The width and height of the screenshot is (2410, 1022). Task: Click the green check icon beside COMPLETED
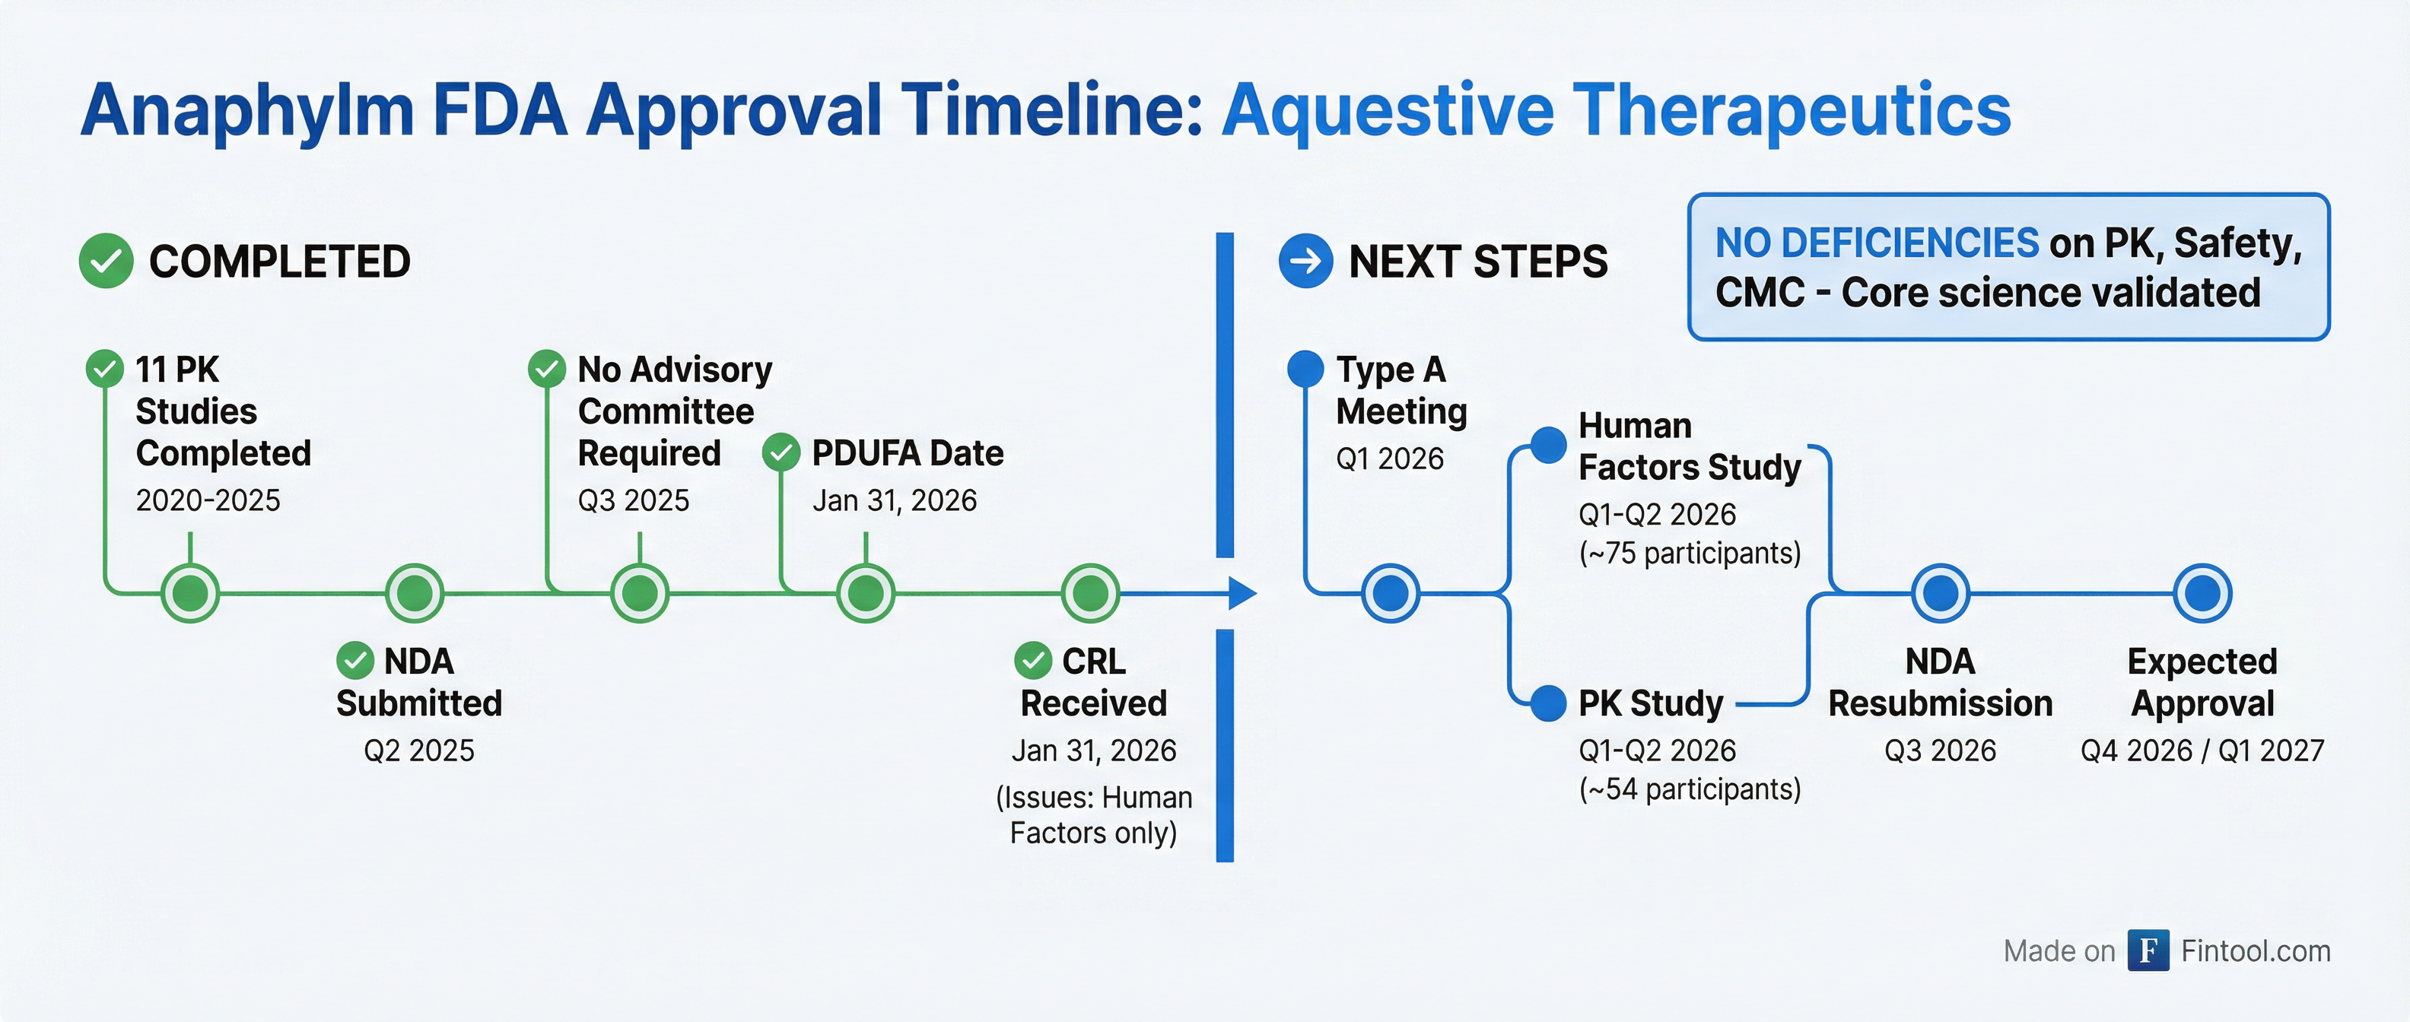(106, 261)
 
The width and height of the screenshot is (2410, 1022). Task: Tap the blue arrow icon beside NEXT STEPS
(1305, 261)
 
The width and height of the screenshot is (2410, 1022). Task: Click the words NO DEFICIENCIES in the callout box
(1876, 243)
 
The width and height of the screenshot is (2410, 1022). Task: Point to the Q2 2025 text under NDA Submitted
(418, 750)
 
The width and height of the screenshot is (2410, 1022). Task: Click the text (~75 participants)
(1689, 554)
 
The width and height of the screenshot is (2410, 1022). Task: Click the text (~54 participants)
(1689, 789)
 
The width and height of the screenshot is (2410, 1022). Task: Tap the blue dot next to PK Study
(1547, 703)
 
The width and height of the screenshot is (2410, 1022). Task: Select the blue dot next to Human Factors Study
(1547, 445)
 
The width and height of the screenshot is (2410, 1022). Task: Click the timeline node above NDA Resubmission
(1941, 593)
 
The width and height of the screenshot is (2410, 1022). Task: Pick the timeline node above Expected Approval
(2202, 593)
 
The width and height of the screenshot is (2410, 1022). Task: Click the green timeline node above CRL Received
(1090, 593)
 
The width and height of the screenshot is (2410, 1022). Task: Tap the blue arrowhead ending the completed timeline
(1241, 593)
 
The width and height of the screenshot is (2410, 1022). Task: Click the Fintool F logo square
(2148, 951)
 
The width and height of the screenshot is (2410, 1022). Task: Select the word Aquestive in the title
(1388, 110)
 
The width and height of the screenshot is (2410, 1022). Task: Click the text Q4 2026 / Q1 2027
(2202, 750)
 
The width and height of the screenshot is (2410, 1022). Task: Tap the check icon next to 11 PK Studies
(105, 368)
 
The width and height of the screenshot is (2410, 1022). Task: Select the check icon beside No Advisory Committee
(546, 368)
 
